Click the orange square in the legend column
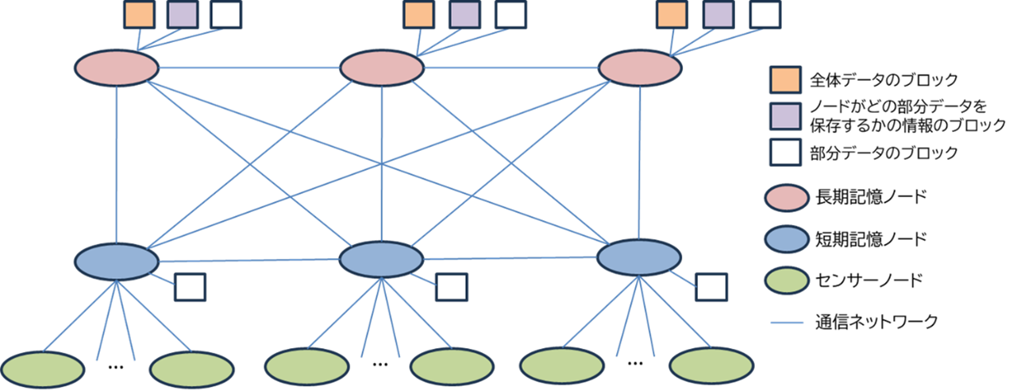785,79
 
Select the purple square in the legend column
785,116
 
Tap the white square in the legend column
785,152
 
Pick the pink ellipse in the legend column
787,198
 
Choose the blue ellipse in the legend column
787,239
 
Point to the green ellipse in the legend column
787,280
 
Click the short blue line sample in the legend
787,323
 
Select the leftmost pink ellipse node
117,68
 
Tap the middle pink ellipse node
382,68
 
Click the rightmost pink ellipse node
640,68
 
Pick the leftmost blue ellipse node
117,261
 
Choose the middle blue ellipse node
381,259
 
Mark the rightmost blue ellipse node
639,257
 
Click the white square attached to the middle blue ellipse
452,287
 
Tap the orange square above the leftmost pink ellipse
139,14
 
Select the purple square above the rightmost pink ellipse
718,14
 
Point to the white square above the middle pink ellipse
510,14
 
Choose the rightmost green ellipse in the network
711,366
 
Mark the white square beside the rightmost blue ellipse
711,287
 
